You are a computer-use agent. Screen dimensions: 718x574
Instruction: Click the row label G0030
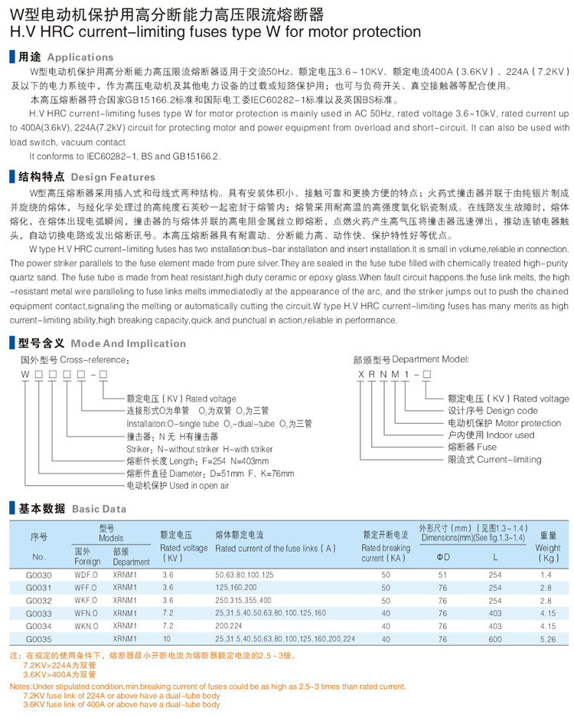tap(39, 574)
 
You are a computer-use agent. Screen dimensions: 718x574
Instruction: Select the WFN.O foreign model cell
tap(86, 613)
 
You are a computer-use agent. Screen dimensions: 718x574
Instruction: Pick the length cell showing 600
tap(496, 639)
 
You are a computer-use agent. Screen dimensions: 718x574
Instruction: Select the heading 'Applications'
tap(80, 57)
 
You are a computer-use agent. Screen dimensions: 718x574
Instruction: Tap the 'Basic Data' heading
tap(99, 508)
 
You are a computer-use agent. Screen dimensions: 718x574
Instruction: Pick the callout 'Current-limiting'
tap(509, 460)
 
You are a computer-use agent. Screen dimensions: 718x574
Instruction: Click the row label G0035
tap(39, 639)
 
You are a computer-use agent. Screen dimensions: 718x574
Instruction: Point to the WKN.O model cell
tap(86, 626)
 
